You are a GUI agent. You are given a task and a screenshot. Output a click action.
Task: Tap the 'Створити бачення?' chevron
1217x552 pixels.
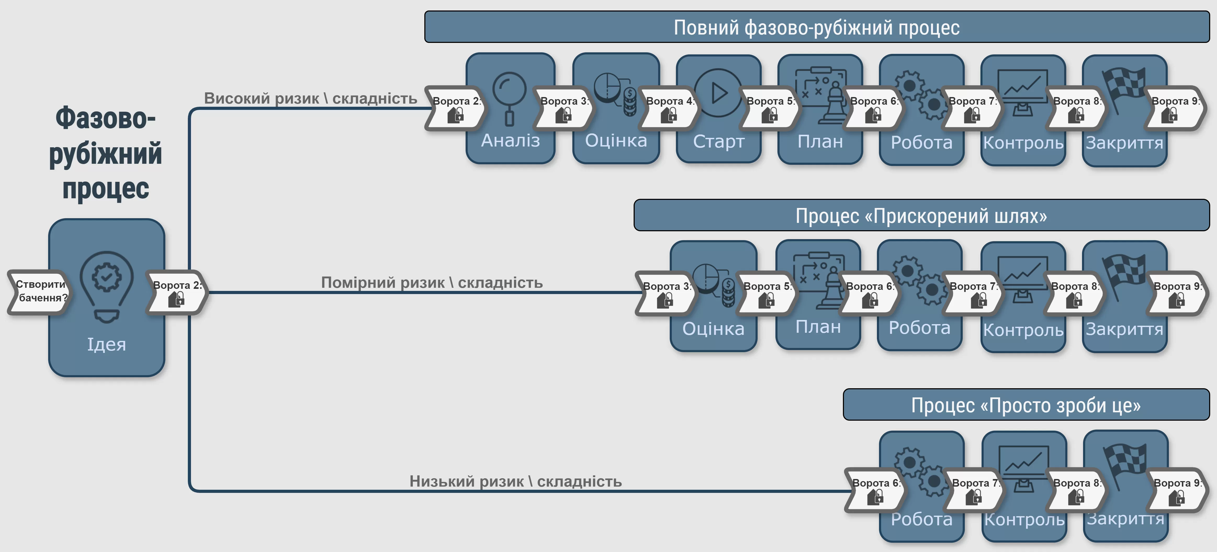tap(40, 291)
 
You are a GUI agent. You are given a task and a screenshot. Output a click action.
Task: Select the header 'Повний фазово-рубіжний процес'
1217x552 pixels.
tap(816, 27)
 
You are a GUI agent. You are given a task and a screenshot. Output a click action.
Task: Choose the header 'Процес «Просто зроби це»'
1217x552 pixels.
tap(1026, 405)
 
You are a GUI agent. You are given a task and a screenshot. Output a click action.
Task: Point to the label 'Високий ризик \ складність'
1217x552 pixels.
tap(310, 98)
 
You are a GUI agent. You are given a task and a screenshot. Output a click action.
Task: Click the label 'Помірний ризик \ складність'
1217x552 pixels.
tap(432, 283)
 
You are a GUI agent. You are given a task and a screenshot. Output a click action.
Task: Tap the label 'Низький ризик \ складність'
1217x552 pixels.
tap(515, 481)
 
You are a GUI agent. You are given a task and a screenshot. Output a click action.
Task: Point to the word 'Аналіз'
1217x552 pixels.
tap(510, 140)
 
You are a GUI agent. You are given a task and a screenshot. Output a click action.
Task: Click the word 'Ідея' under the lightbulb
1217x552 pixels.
tap(106, 344)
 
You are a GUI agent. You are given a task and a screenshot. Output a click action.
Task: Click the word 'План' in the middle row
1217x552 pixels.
tap(818, 326)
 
